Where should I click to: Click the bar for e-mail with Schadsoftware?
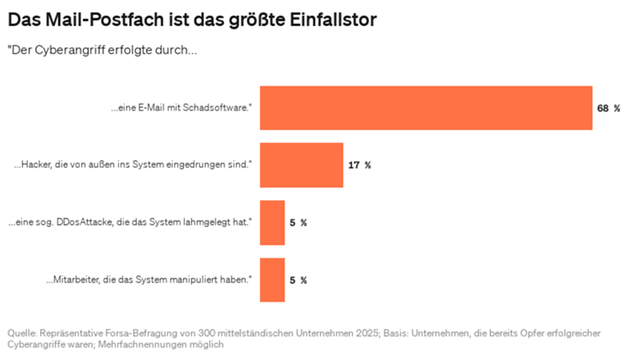click(x=426, y=108)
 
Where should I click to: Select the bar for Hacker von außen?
click(x=302, y=165)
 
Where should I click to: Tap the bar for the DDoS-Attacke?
click(x=273, y=222)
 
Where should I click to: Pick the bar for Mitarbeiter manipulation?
click(x=273, y=280)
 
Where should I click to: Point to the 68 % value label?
click(x=608, y=108)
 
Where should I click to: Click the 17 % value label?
click(x=359, y=165)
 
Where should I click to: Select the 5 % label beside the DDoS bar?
click(x=297, y=222)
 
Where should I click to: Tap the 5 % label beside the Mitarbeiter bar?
click(x=297, y=280)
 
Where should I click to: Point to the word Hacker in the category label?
click(x=39, y=165)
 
